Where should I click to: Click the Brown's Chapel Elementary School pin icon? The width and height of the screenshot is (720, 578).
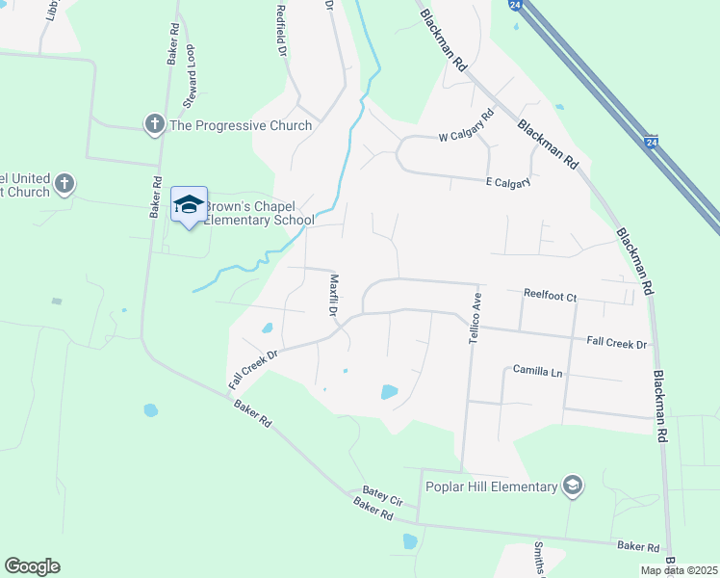[190, 204]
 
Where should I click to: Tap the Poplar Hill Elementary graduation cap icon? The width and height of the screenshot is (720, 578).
[574, 485]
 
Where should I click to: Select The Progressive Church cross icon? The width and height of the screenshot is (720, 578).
[154, 124]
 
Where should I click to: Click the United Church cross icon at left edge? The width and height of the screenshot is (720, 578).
[64, 183]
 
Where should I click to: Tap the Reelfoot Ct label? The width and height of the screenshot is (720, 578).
[550, 297]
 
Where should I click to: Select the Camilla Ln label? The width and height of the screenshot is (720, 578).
[536, 370]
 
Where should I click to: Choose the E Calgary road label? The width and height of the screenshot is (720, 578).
[507, 182]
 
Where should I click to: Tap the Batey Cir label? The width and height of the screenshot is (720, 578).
[382, 495]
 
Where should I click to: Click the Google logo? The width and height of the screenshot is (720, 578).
[32, 566]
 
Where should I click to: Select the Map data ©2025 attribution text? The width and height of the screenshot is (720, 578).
[679, 569]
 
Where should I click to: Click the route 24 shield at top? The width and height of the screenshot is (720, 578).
[516, 6]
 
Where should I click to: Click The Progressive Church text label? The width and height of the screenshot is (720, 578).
[241, 125]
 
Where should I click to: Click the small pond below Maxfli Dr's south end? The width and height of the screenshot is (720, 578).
[388, 392]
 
